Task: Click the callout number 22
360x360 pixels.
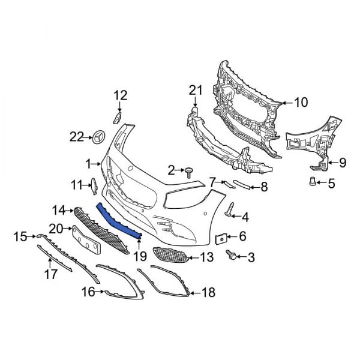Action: pos(76,137)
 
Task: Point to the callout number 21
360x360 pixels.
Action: pos(193,90)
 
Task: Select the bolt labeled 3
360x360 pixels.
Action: pos(231,256)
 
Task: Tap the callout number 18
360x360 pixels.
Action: pos(208,293)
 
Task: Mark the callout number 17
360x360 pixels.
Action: pos(50,274)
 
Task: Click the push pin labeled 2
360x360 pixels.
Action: pos(188,172)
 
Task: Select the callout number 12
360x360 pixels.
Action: pos(121,94)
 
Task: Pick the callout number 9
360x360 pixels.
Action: pos(343,162)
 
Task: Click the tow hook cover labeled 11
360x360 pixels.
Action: pos(94,187)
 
